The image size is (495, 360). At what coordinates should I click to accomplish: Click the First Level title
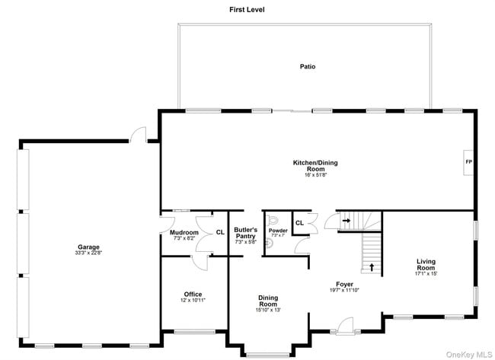coord(247,10)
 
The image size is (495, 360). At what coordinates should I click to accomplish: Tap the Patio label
coord(307,67)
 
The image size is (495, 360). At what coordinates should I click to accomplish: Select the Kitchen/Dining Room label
coord(315,166)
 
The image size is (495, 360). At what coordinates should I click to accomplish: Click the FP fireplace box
coord(468,163)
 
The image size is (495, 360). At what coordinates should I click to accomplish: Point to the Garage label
coord(88,247)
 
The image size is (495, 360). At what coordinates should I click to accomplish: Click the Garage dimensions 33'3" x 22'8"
coord(88,253)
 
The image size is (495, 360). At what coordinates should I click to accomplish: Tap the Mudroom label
coord(184,233)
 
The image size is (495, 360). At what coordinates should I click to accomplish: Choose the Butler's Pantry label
coord(245,233)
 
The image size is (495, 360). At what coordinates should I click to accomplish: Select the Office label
coord(193,294)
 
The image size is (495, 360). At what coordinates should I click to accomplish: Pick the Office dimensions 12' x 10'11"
coord(193,301)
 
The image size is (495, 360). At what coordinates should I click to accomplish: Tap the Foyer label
coord(345,283)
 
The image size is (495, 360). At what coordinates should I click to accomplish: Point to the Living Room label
coord(426,265)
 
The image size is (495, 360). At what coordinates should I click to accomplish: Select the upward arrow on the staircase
coord(372,267)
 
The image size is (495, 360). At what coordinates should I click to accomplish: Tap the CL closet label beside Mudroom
coord(220,233)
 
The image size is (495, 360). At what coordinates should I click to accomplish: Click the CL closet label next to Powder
coord(299,223)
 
